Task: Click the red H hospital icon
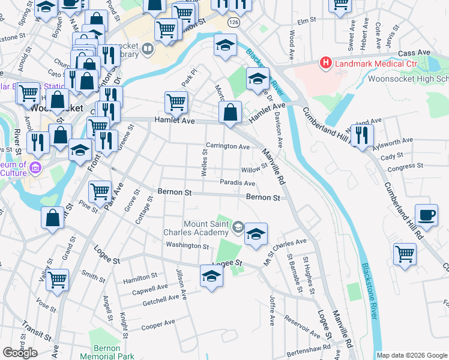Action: click(325, 62)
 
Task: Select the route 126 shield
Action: click(234, 22)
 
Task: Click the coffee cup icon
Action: click(427, 215)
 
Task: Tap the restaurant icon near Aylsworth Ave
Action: click(362, 135)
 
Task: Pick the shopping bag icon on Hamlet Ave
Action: click(230, 112)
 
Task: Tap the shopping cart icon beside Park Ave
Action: click(99, 192)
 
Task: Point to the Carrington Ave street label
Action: click(228, 146)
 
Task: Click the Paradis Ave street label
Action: click(238, 183)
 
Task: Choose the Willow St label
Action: click(253, 170)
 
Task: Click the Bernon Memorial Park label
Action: click(115, 352)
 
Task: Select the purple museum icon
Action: click(35, 167)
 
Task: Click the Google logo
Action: click(20, 353)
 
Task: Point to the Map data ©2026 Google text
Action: click(412, 355)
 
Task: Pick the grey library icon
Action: click(148, 48)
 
